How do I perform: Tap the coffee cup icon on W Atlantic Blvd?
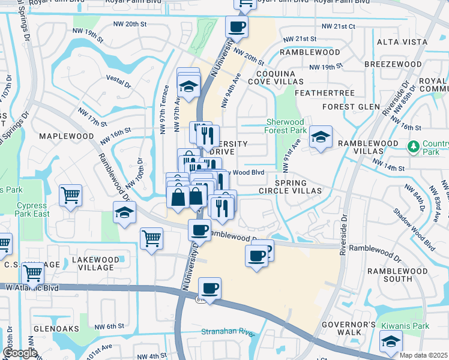coord(209,289)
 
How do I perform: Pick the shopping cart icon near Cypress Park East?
coord(71,196)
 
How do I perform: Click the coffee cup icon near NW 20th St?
coord(236,27)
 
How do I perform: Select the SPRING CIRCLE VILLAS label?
coord(290,187)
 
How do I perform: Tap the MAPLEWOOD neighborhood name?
coord(67,136)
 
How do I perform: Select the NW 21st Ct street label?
coord(338,27)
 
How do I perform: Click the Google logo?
coord(20,353)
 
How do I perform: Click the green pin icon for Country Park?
coord(413,146)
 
